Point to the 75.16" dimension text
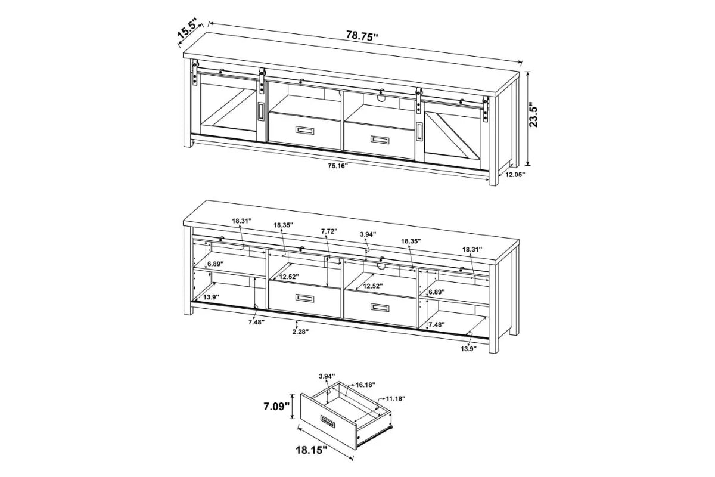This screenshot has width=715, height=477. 337,165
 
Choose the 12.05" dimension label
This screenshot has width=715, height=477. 516,175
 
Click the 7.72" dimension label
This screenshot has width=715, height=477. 329,231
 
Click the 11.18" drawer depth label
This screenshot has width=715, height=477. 394,398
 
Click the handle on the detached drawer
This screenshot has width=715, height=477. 329,422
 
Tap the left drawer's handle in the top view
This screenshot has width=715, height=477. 305,131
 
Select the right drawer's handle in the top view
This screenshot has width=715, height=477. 380,139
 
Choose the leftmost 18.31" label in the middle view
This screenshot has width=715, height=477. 242,221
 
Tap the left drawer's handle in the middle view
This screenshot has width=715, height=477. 305,298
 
